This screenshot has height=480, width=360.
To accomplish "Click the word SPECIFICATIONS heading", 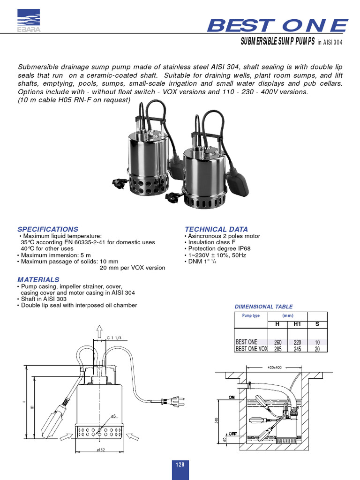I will [48, 229].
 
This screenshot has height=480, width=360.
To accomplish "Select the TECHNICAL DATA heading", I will [217, 229].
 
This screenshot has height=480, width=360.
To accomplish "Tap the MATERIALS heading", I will [38, 280].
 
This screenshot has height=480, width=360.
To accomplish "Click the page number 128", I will [180, 465].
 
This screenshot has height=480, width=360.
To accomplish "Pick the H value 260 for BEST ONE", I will [277, 343].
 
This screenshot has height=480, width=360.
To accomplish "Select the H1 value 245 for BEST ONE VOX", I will [297, 349].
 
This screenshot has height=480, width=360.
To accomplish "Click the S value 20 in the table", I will [317, 349].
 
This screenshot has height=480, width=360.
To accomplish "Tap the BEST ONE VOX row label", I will [251, 349].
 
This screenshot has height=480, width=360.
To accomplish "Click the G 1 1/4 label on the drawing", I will [114, 337].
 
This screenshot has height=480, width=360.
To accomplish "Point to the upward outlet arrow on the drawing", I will [99, 332].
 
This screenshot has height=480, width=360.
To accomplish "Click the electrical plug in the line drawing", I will [173, 402].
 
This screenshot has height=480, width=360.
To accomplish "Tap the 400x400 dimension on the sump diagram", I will [274, 367].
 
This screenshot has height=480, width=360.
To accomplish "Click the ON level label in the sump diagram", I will [231, 397].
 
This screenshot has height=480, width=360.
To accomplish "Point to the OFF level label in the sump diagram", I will [232, 434].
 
